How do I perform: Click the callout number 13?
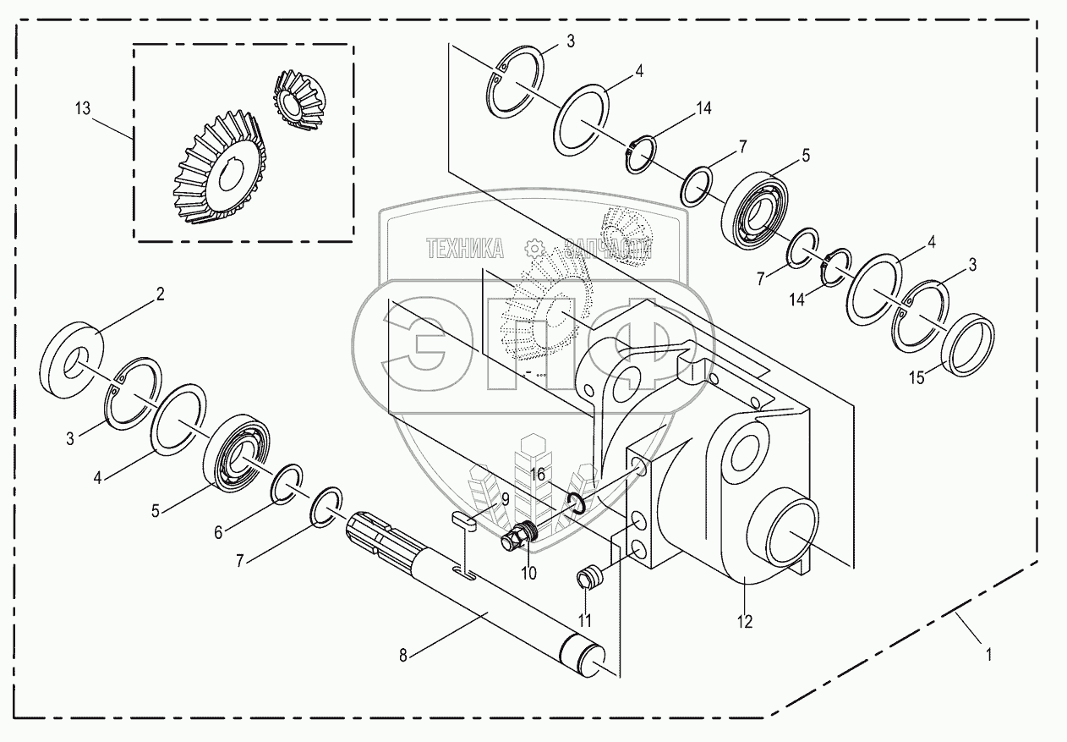[x=82, y=109]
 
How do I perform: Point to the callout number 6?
[x=218, y=532]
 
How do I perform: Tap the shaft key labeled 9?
[x=464, y=523]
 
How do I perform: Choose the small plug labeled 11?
[x=588, y=580]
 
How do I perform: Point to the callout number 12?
[x=744, y=621]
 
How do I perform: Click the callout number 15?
[x=917, y=378]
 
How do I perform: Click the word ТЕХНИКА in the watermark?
[x=464, y=248]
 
